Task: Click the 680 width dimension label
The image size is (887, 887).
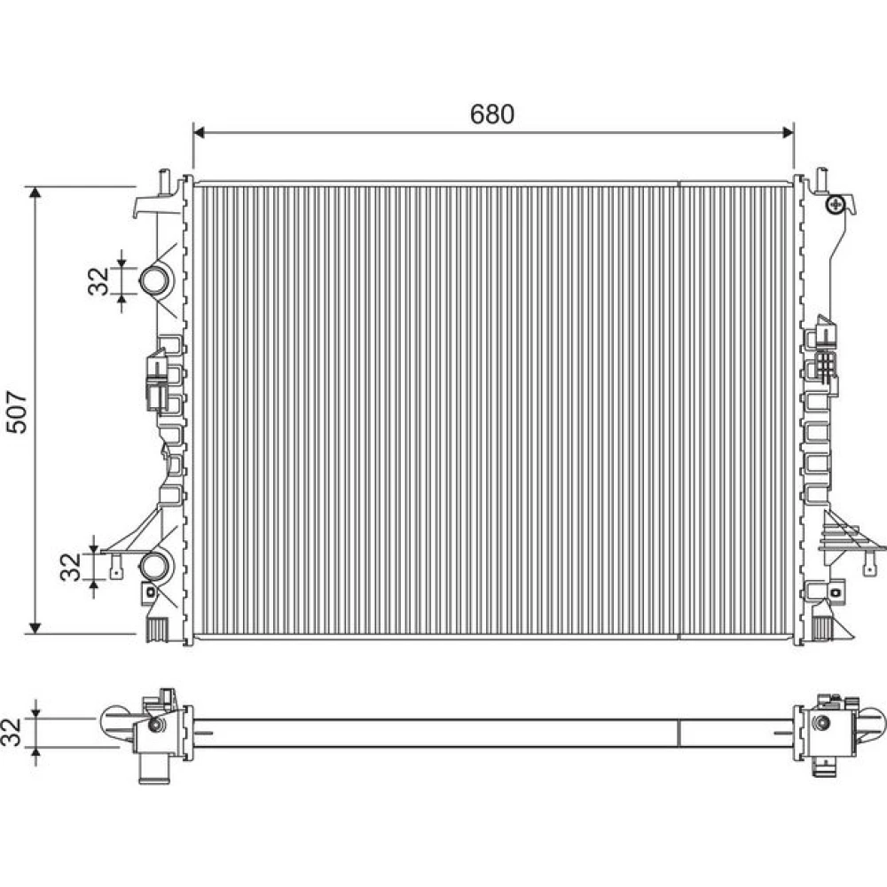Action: click(x=492, y=114)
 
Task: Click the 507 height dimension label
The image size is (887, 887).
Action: click(x=17, y=412)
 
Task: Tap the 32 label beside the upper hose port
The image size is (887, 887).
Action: click(x=98, y=281)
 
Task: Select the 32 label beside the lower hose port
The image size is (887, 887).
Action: click(x=71, y=567)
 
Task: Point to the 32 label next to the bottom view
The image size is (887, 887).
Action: click(x=12, y=732)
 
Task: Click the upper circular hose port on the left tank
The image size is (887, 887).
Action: click(x=153, y=280)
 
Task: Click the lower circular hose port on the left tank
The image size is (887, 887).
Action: click(x=153, y=567)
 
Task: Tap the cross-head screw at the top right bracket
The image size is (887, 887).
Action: click(x=835, y=204)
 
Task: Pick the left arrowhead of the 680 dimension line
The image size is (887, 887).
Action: click(x=199, y=132)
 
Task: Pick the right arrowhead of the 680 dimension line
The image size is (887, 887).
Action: click(x=788, y=132)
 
